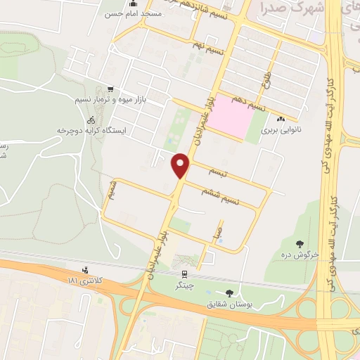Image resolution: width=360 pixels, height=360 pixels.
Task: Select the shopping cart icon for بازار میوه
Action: [109, 89]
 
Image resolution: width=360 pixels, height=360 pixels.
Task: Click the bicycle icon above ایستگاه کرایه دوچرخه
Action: [82, 120]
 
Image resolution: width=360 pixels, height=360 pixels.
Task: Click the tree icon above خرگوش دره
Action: [300, 243]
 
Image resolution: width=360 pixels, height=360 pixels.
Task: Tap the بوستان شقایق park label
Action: [229, 304]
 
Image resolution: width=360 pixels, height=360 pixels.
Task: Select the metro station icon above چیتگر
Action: [184, 274]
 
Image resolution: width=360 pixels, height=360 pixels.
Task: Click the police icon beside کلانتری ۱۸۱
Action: [86, 269]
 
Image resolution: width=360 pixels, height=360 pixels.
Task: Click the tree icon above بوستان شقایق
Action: [229, 292]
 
